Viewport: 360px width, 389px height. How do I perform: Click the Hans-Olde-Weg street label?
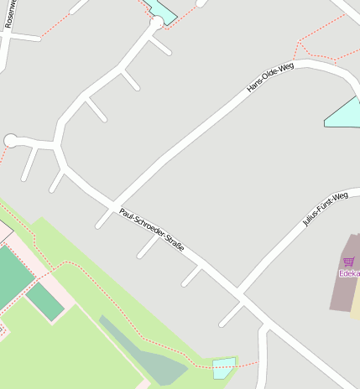[270, 77]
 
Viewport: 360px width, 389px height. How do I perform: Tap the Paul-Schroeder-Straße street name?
[152, 231]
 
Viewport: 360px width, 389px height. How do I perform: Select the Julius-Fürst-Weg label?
[325, 209]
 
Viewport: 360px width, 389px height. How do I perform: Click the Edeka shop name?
[349, 273]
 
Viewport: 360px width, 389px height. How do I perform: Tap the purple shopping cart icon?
[348, 262]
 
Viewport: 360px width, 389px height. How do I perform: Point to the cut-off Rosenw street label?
[9, 14]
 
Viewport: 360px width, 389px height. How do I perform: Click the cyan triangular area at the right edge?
[347, 114]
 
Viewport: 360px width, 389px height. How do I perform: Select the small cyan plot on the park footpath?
[224, 368]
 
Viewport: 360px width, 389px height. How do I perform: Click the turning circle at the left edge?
[11, 141]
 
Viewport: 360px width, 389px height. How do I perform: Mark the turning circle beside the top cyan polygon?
[156, 23]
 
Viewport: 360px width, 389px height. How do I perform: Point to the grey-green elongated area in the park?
[143, 352]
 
